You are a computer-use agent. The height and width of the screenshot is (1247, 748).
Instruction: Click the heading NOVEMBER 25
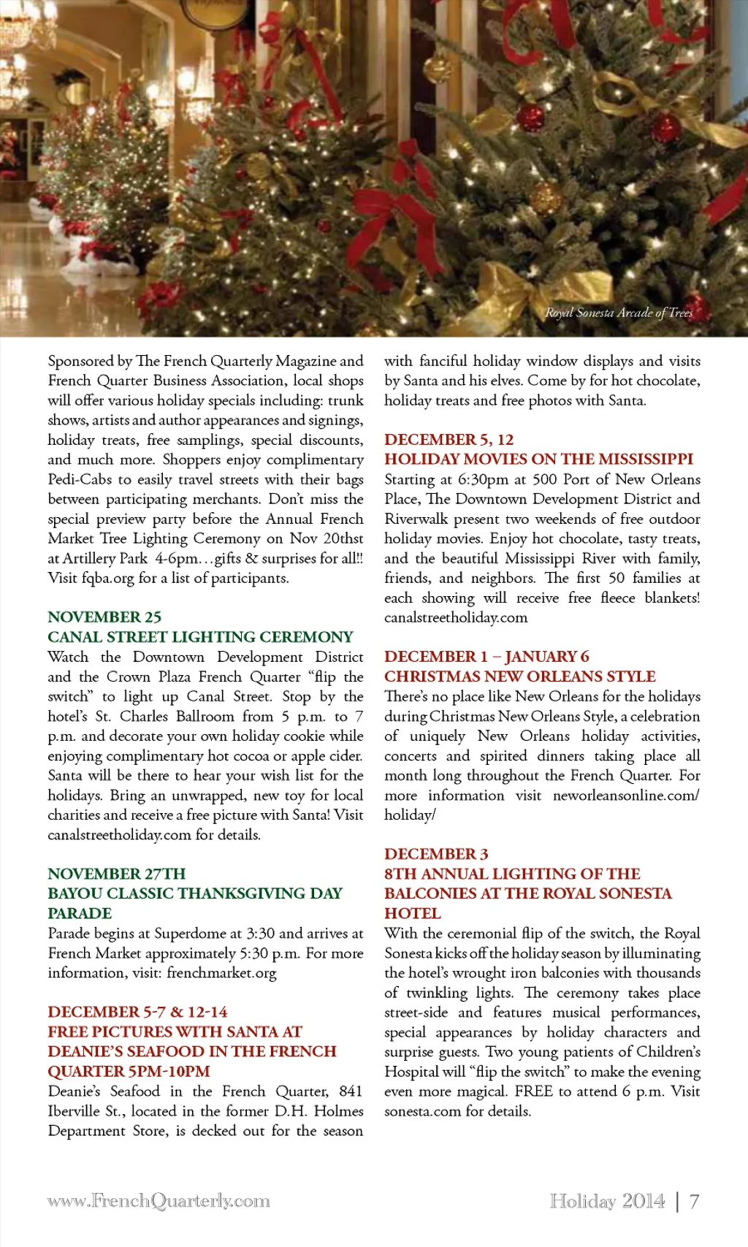[x=104, y=617]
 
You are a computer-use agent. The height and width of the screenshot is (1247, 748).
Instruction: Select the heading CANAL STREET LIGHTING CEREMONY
[x=200, y=637]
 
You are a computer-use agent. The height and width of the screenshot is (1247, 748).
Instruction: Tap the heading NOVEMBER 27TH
[x=117, y=874]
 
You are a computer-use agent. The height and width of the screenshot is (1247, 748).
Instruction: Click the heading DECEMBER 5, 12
[x=449, y=440]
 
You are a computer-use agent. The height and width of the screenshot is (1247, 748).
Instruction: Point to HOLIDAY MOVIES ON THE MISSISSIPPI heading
[x=538, y=459]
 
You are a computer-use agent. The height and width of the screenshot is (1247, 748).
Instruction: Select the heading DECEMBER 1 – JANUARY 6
[x=486, y=657]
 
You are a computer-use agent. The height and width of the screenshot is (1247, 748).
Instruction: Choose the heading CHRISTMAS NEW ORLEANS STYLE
[x=519, y=676]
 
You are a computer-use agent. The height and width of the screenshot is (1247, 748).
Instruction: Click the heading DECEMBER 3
[x=436, y=854]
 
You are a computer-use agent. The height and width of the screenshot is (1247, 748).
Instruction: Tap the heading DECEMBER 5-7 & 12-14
[x=137, y=1013]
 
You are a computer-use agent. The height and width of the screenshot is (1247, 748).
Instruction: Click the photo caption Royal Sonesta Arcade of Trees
[x=618, y=313]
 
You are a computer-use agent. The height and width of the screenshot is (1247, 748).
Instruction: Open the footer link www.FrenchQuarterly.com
[x=159, y=1201]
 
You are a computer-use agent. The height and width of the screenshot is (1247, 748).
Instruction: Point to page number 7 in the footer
[x=694, y=1201]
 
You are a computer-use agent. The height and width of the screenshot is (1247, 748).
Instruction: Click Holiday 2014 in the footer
[x=607, y=1201]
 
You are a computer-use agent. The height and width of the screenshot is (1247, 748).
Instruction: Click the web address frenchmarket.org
[x=221, y=973]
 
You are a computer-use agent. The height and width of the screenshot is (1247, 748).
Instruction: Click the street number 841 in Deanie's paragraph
[x=351, y=1091]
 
